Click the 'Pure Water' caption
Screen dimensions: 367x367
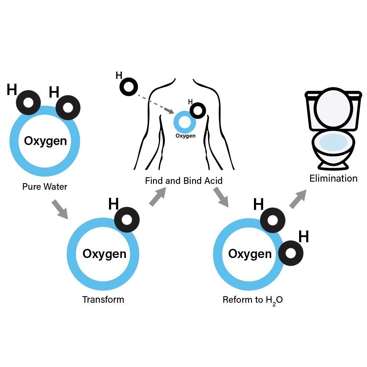coord(45,186)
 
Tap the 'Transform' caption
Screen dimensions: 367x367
coord(103,299)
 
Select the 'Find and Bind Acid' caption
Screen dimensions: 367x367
coord(184,181)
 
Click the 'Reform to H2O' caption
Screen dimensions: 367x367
coord(253,300)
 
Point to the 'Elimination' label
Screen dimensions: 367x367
coord(333,178)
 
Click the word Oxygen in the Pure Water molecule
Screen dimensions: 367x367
coord(46,141)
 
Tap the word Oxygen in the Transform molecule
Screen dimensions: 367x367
coord(104,254)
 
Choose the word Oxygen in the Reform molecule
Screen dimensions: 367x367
coord(250,254)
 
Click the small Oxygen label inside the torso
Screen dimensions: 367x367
coord(185,136)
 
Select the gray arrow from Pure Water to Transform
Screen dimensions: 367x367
coord(60,209)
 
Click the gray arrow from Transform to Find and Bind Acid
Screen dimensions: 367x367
coord(158,197)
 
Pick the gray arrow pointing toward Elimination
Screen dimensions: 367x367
coord(298,199)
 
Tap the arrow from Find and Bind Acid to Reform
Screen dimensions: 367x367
coord(221,197)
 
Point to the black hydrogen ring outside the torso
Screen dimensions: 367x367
coord(128,87)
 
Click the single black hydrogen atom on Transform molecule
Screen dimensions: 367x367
coord(127,219)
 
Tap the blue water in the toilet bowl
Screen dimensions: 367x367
coord(333,142)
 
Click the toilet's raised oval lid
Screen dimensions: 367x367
coord(333,108)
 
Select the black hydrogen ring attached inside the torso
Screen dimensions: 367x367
coord(198,110)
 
